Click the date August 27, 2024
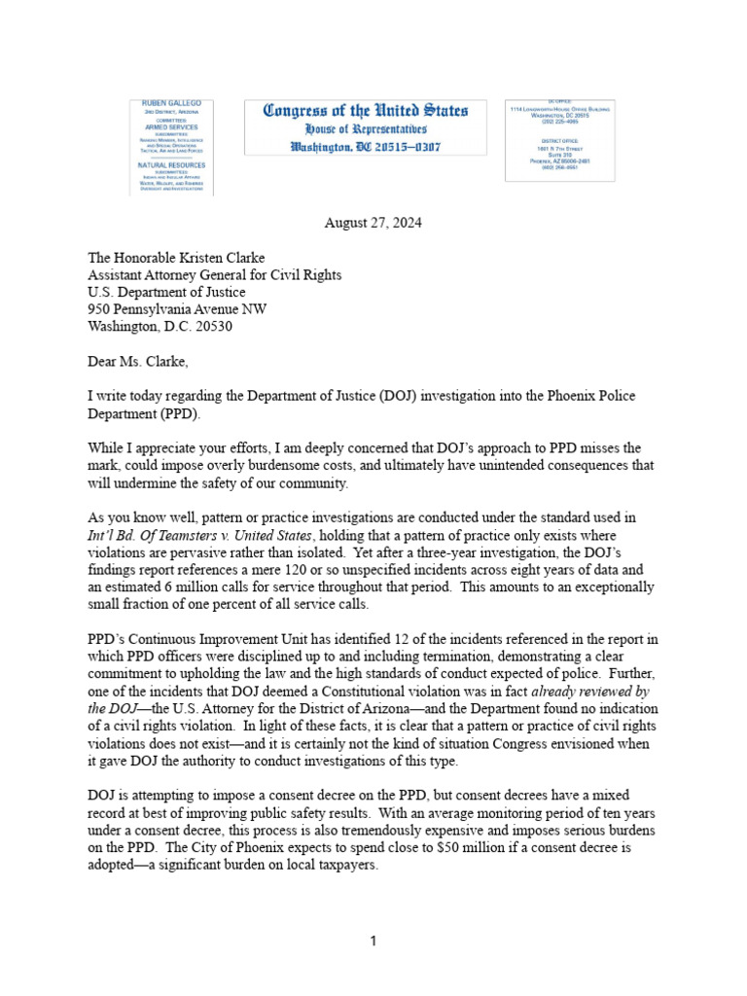click(x=373, y=222)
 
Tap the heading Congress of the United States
click(x=366, y=111)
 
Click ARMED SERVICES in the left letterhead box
click(x=170, y=127)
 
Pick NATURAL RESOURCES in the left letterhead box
click(x=171, y=165)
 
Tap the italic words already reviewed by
click(x=595, y=692)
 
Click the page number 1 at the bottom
click(x=373, y=941)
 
